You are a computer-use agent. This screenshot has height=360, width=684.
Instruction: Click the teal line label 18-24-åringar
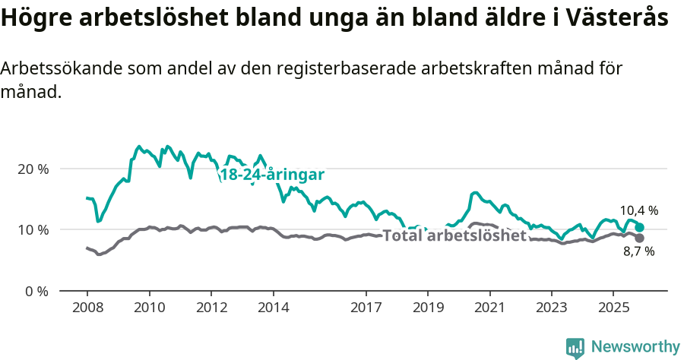click(272, 175)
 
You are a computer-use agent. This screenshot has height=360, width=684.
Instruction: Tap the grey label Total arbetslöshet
click(454, 235)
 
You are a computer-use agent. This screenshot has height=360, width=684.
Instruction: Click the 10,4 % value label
click(638, 211)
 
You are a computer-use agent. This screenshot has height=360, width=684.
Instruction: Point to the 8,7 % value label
click(638, 251)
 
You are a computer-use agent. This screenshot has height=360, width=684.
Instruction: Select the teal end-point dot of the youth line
click(640, 227)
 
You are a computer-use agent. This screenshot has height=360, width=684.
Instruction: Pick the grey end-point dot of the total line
click(640, 238)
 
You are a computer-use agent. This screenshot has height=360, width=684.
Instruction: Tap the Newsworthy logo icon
click(575, 348)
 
